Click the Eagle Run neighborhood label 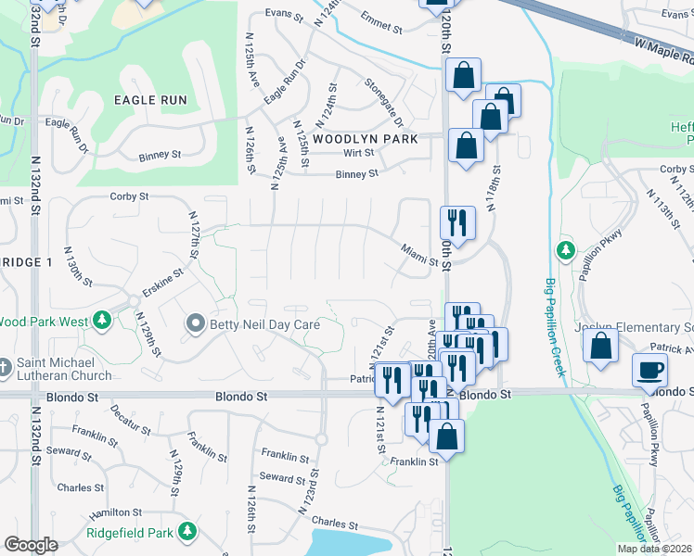click(150, 100)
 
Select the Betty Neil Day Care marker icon click(195, 324)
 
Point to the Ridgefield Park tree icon click(187, 532)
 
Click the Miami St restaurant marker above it click(456, 221)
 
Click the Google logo click(31, 545)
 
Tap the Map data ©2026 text click(654, 549)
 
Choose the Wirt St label click(357, 153)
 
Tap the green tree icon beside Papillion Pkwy click(565, 250)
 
